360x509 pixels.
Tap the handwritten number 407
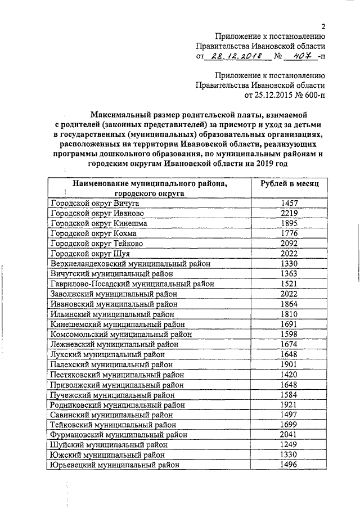(295, 56)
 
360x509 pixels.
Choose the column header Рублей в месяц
(290, 184)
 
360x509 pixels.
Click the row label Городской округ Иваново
(97, 214)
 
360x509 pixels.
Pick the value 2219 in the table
(290, 214)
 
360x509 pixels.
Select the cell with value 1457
(290, 204)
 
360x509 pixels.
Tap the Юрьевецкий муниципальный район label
(115, 465)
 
